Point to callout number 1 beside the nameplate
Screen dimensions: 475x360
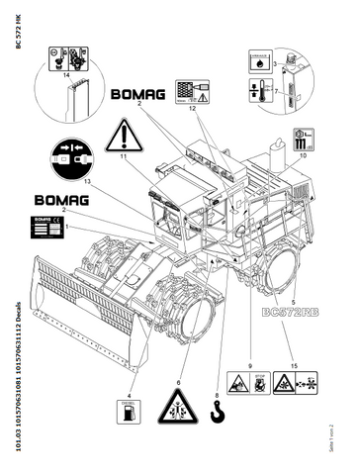tap(66, 227)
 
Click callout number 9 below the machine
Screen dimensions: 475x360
tap(249, 365)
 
